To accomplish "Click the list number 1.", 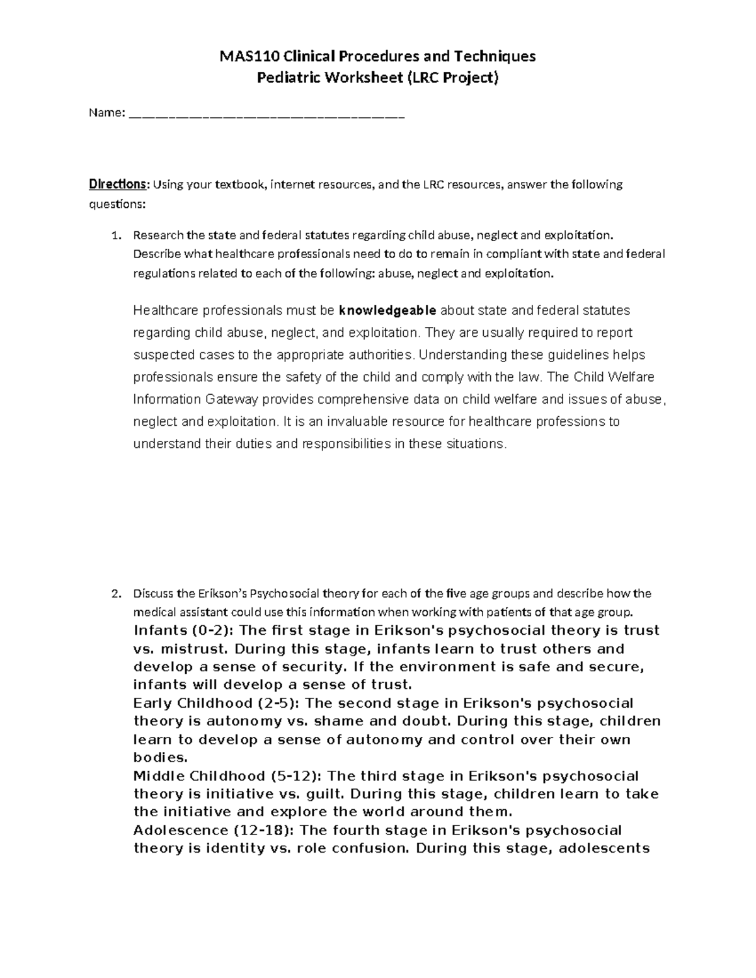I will [x=115, y=236].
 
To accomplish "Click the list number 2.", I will [x=115, y=594].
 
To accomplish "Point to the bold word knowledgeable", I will [x=387, y=310].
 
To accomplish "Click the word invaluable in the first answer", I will [x=350, y=421].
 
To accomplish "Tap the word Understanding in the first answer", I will [x=459, y=355].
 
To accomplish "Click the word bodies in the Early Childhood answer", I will [x=160, y=758].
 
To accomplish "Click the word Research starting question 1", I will [x=158, y=236].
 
